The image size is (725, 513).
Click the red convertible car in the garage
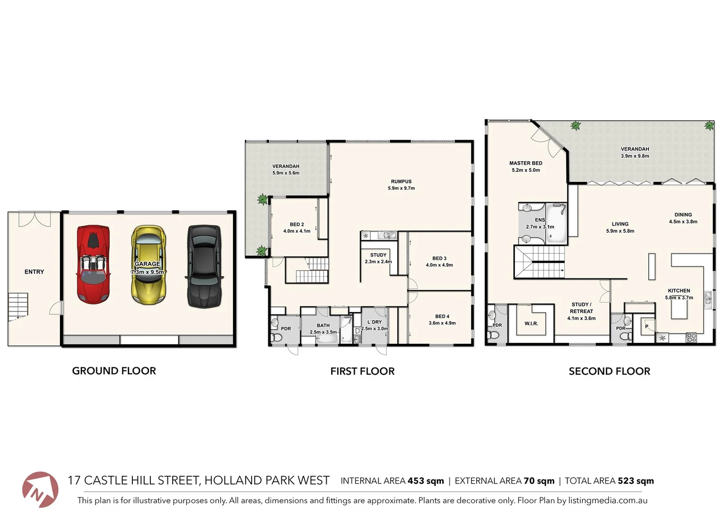click(93, 265)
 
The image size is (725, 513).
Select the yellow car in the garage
click(148, 265)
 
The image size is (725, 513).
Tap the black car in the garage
click(204, 266)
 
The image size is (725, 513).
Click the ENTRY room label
click(34, 272)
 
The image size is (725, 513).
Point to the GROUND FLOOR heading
click(114, 371)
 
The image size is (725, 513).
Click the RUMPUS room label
click(401, 181)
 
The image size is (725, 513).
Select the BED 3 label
click(439, 258)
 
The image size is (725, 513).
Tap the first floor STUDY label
click(378, 255)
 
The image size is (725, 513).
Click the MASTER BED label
click(526, 163)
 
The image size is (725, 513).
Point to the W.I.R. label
click(531, 323)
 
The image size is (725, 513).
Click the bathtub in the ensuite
click(557, 223)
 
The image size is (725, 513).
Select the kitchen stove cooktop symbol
click(691, 338)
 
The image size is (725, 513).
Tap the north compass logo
click(40, 490)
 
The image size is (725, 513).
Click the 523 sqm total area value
click(635, 481)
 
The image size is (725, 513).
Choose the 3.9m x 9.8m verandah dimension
click(635, 156)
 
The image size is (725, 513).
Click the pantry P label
click(646, 326)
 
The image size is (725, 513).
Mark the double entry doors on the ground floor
click(34, 219)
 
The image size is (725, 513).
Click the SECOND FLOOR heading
click(609, 371)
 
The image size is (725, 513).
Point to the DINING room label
click(683, 215)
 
